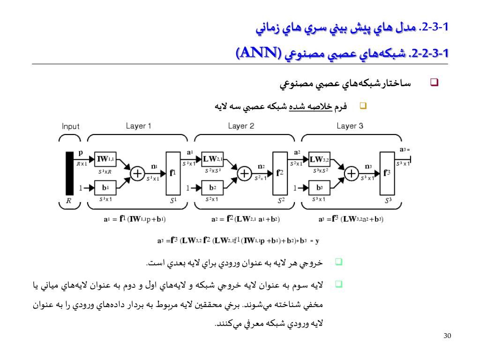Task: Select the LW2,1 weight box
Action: [x=213, y=159]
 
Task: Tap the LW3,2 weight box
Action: [x=320, y=159]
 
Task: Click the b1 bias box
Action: [x=105, y=188]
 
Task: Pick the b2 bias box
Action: [x=213, y=188]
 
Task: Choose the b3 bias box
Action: [x=320, y=188]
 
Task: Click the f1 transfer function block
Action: [x=172, y=173]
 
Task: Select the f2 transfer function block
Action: [x=279, y=173]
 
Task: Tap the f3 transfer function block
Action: [x=386, y=173]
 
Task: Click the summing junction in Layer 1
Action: [x=137, y=174]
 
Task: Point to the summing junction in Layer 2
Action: [x=244, y=174]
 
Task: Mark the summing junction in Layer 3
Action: [x=351, y=174]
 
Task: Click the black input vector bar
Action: [x=69, y=173]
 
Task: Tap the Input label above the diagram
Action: [x=71, y=126]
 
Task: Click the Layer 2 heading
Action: [x=241, y=126]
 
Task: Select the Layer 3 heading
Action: [x=350, y=126]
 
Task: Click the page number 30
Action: [x=447, y=336]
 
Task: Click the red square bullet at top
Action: [x=434, y=83]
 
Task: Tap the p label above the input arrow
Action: [x=81, y=152]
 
